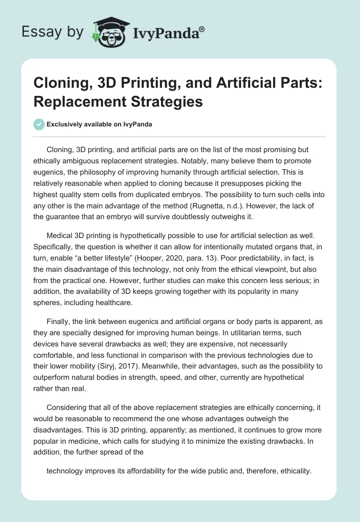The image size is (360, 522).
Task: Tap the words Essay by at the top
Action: (52, 32)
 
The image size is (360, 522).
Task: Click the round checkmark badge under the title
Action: (39, 124)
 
